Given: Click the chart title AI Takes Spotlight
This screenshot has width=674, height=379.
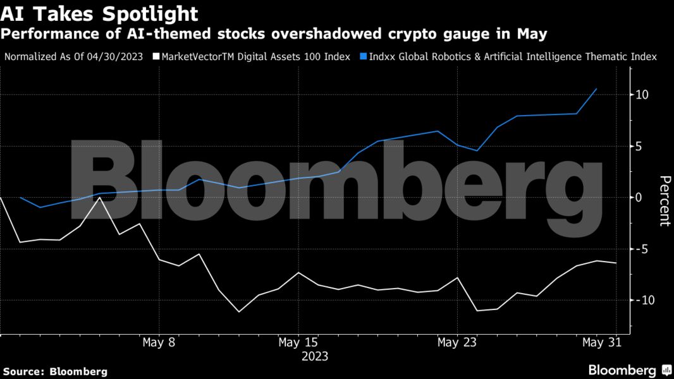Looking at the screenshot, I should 99,14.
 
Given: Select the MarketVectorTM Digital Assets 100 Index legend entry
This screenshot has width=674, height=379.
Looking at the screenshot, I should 256,57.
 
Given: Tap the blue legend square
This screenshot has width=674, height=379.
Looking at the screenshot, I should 364,57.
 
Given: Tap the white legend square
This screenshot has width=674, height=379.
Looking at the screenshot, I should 156,57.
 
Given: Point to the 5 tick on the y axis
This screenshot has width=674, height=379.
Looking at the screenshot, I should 640,146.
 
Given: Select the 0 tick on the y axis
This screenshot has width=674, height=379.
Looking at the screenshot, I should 640,197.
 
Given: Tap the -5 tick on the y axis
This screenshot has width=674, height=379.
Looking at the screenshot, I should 642,249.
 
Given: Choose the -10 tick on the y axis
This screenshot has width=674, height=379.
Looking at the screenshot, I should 645,300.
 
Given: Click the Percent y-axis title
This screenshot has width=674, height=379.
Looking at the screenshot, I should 664,200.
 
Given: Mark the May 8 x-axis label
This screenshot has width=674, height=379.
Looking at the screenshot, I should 159,343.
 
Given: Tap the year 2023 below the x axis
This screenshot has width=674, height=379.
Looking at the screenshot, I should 314,356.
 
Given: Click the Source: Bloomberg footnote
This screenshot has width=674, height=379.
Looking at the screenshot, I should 55,371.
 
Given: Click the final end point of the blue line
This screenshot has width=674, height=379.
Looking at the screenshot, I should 596,89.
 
